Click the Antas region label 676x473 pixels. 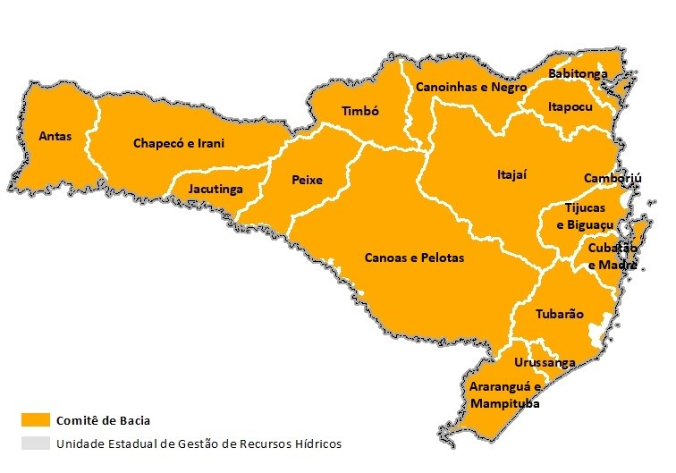tap(55, 137)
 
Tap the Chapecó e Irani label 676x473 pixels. tap(178, 143)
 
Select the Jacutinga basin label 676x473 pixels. tap(215, 190)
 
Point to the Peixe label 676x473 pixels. tap(307, 180)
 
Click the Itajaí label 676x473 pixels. tap(511, 174)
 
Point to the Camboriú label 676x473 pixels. tap(613, 178)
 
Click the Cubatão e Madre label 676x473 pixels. tap(612, 256)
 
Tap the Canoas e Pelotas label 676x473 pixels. tap(414, 257)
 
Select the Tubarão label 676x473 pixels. tap(559, 314)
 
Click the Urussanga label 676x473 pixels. tap(544, 362)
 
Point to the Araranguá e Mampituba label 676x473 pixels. tap(505, 394)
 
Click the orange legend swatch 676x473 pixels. tap(35, 420)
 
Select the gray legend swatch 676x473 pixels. tap(35, 443)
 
